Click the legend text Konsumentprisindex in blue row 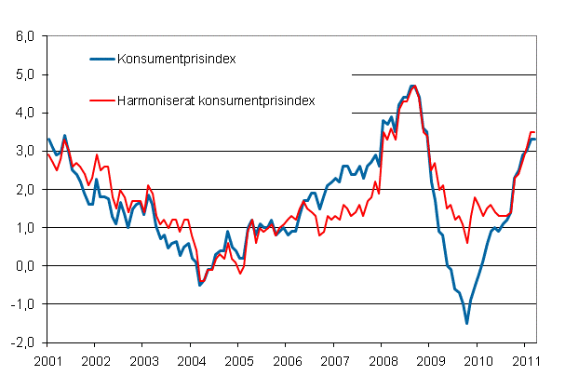pos(176,59)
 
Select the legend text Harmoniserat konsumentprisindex pos(215,99)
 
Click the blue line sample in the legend pos(101,59)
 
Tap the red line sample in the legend pos(101,99)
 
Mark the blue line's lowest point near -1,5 pos(467,323)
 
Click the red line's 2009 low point pos(467,243)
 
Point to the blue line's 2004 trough pos(199,284)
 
